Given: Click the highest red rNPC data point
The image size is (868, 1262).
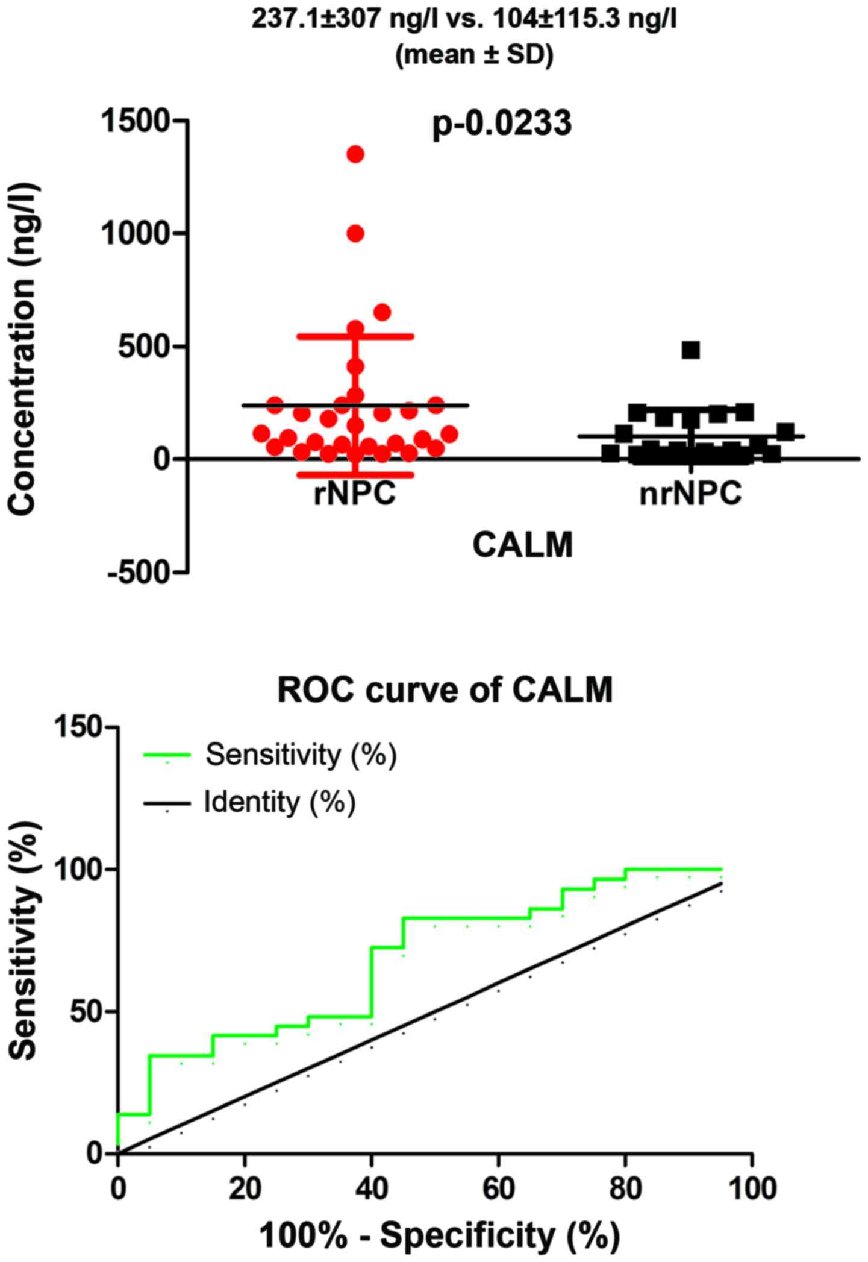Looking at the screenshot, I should [x=355, y=154].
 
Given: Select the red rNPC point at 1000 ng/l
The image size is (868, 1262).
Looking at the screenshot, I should [x=355, y=234].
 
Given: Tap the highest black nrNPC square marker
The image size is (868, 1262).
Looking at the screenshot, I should [x=690, y=350].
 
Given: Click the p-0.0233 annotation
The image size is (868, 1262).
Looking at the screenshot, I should [x=502, y=125].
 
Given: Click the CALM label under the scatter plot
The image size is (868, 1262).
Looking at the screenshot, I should [x=522, y=546].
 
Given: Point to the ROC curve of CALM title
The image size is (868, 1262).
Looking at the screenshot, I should [x=445, y=689].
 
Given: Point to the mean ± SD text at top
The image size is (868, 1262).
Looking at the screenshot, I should [x=473, y=55].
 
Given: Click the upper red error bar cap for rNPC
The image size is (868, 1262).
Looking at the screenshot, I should [x=355, y=336].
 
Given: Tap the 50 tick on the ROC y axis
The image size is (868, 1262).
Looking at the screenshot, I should [x=87, y=1012].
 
